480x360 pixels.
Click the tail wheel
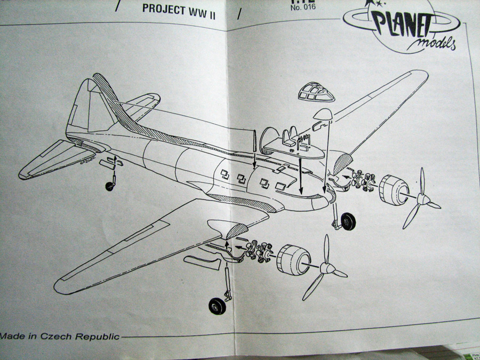(110, 186)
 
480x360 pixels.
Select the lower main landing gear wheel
(217, 307)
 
